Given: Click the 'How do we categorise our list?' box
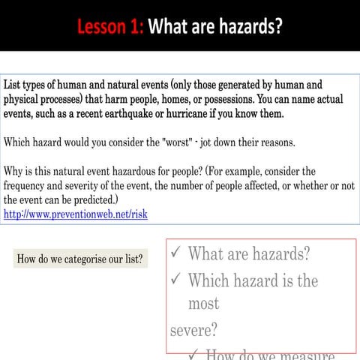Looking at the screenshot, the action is coord(81,259).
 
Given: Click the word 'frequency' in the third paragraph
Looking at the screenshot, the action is coord(28,185).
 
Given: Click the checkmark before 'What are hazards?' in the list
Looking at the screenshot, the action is coord(175,254).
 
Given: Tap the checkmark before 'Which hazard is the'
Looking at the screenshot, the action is coord(175,280).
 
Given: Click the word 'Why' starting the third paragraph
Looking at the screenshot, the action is coord(13,171).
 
